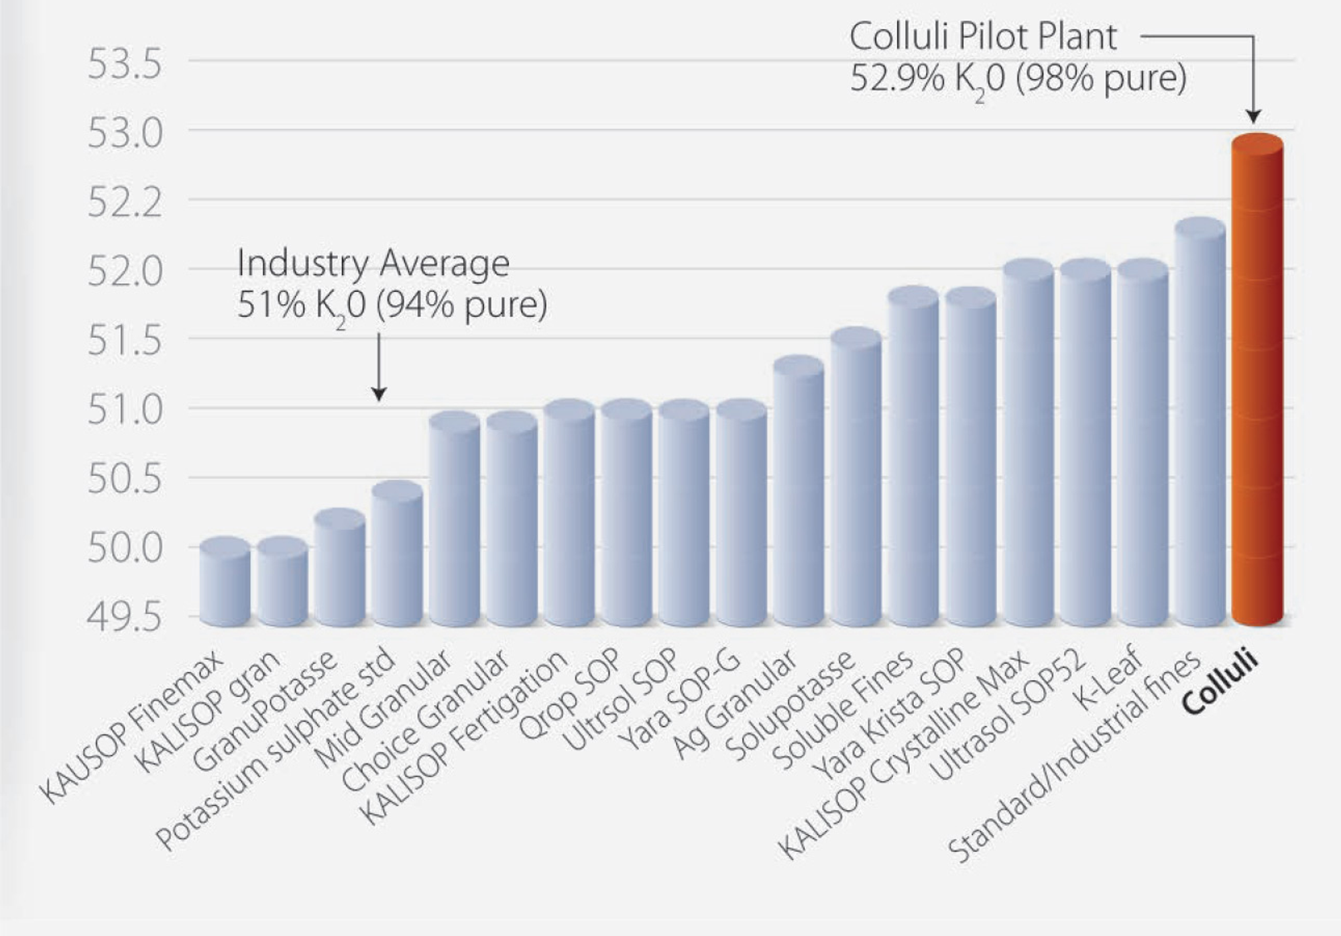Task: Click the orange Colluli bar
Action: tap(1257, 382)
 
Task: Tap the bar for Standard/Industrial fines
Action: tap(1200, 423)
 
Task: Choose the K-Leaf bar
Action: tap(1143, 443)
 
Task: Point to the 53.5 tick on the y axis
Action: tap(125, 64)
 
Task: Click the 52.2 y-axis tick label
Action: tap(125, 203)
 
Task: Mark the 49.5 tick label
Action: tap(125, 617)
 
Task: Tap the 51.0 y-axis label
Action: tap(125, 410)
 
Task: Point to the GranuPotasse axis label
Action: tap(265, 711)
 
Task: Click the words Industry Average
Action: tap(373, 263)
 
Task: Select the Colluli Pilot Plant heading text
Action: tap(983, 36)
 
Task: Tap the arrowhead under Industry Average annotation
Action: tap(379, 394)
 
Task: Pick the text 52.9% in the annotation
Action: tap(896, 79)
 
